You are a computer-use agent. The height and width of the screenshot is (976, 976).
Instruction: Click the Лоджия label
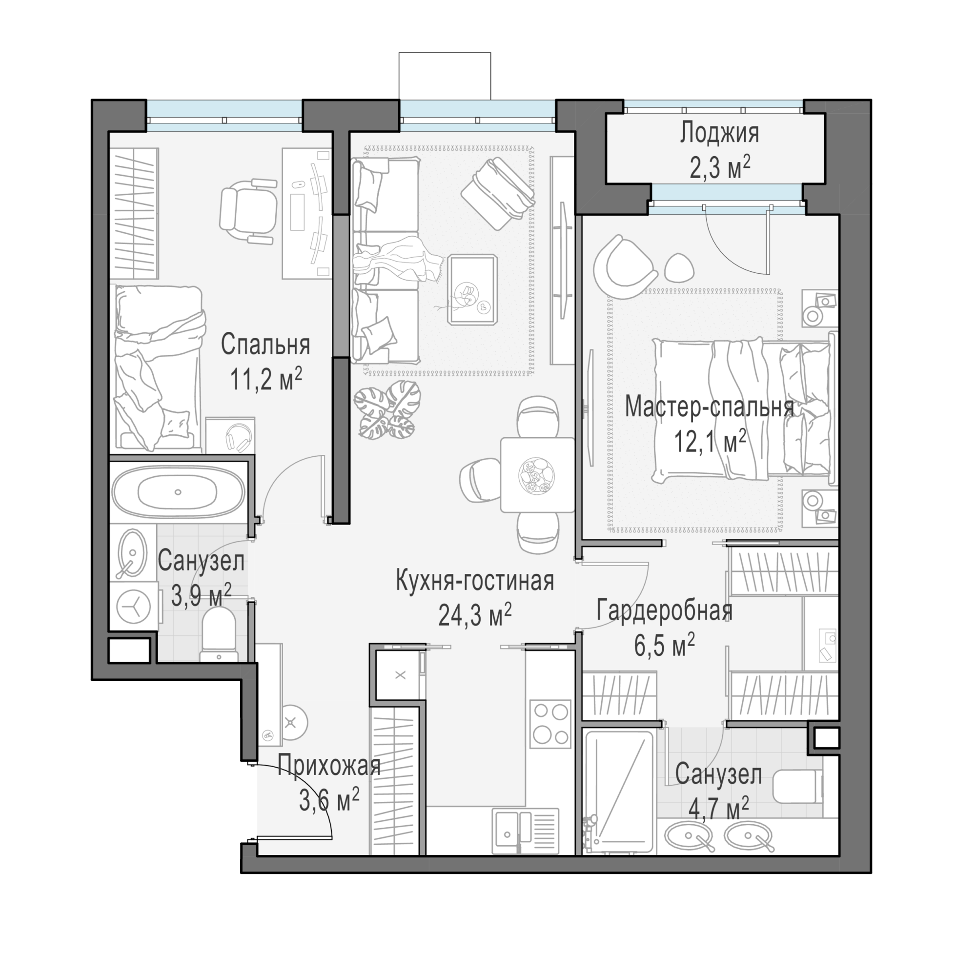(x=719, y=134)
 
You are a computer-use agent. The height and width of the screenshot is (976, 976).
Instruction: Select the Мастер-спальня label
(x=709, y=407)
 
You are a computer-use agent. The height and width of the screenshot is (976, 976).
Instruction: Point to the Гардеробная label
(x=664, y=610)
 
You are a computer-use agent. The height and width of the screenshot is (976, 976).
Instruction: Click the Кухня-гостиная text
(x=474, y=580)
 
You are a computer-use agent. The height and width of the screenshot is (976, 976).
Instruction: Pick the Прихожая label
(x=329, y=766)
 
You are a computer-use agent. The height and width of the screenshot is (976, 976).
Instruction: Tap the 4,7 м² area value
(x=719, y=809)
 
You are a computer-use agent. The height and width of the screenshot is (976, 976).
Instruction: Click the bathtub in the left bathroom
(x=178, y=491)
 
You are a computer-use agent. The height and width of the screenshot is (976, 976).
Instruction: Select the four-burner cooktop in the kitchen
(x=550, y=723)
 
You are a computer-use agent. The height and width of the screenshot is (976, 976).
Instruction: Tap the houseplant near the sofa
(x=386, y=410)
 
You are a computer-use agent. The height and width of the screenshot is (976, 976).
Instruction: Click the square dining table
(x=537, y=475)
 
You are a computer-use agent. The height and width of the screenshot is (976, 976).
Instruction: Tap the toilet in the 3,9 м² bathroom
(x=219, y=633)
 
